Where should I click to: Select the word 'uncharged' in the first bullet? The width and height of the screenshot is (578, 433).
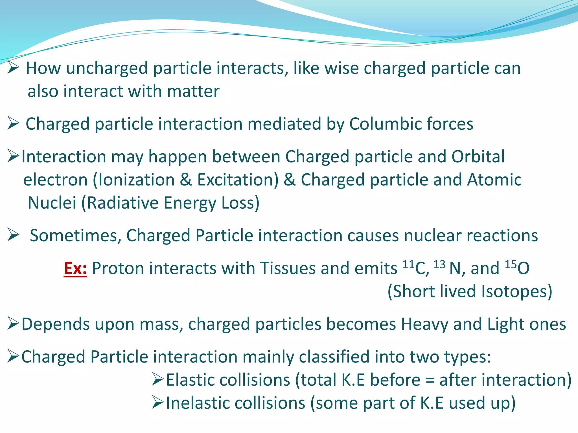107,69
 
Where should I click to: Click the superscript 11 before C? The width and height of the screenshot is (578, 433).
408,264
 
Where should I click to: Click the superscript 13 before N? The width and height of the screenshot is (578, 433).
439,264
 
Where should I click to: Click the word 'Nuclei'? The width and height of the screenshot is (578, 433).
52,203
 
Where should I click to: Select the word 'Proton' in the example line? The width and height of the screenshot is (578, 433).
118,268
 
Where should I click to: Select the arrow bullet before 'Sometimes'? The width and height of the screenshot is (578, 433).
13,235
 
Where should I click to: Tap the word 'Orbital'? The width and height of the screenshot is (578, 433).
478,157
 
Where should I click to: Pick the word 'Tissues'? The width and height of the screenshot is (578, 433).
288,268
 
